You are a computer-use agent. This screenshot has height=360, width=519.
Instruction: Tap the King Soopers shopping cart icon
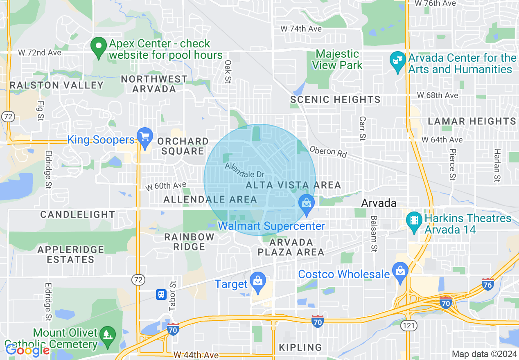click(144, 137)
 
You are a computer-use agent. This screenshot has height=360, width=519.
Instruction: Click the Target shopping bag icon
click(258, 282)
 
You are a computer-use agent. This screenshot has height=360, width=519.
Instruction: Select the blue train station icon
click(161, 294)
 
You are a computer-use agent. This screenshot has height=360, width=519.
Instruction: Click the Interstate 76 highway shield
click(487, 284)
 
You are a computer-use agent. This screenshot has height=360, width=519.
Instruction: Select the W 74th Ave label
click(301, 29)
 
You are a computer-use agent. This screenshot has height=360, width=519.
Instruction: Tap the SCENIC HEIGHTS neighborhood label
click(335, 99)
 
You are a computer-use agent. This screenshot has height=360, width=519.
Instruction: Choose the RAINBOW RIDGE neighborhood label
click(189, 241)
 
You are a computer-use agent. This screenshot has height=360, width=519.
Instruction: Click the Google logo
click(27, 350)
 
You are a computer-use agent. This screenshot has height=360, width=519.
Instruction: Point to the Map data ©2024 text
click(483, 354)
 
